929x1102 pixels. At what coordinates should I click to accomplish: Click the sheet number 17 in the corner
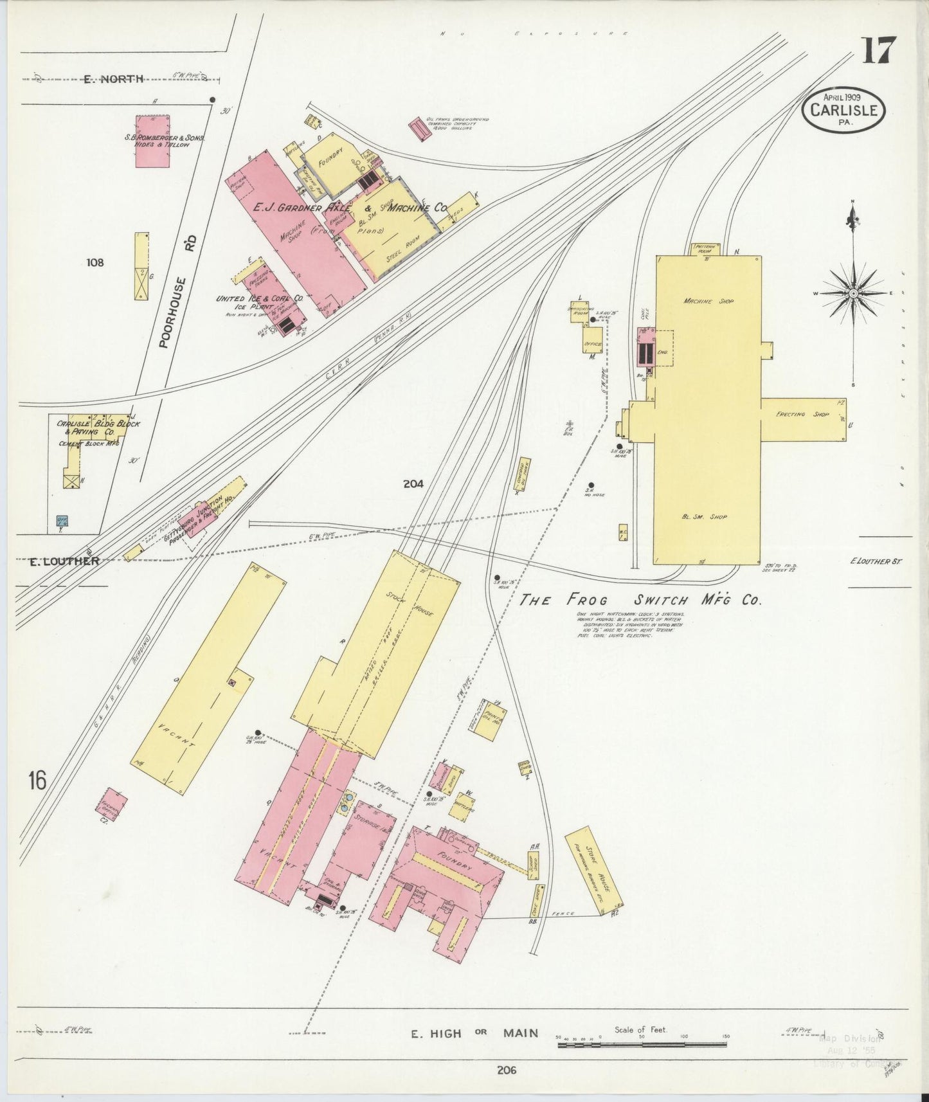tap(879, 50)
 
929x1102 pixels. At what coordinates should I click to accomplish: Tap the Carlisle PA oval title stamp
tap(843, 110)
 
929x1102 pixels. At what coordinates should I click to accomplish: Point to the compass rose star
tap(853, 293)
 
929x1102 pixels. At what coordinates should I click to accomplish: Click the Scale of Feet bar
tap(642, 1045)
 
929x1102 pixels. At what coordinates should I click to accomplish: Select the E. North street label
tap(113, 79)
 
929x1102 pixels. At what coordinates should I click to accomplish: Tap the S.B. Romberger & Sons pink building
tap(152, 141)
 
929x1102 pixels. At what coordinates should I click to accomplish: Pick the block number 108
tap(95, 262)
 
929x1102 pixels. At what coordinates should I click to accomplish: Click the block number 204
tap(413, 484)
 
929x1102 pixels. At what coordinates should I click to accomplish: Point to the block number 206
tap(507, 1070)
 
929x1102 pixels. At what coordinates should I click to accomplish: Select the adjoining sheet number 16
tap(37, 781)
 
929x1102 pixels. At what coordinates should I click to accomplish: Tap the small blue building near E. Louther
tap(62, 521)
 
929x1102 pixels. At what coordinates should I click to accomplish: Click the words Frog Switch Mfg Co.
tap(640, 600)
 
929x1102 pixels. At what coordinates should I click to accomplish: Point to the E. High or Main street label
tap(474, 1033)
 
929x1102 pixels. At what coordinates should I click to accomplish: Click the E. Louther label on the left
tap(64, 561)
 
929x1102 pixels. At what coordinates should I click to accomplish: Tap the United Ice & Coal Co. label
tap(259, 299)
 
